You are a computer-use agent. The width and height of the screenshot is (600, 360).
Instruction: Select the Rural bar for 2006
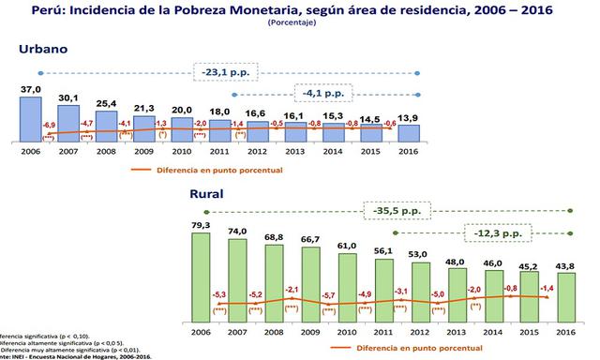tap(201, 272)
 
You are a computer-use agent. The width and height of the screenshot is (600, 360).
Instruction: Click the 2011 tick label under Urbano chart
tap(219, 150)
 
